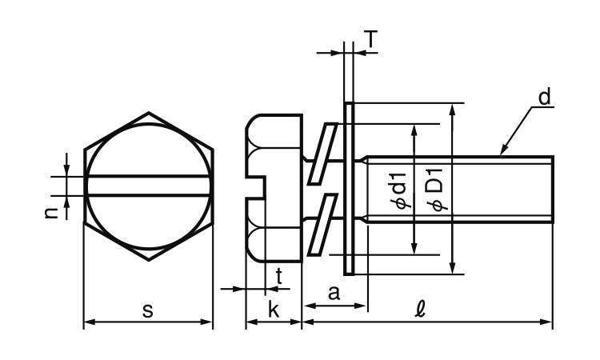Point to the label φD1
437,193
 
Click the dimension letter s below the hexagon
148,310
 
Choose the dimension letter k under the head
273,310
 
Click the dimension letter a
334,294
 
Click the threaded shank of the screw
456,188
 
